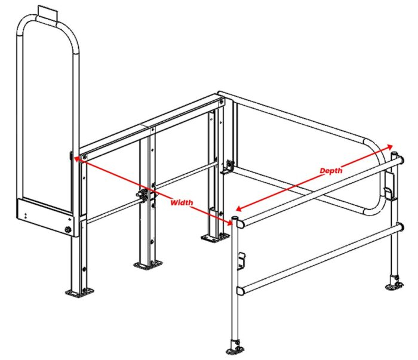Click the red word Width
click(182, 203)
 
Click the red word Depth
click(330, 171)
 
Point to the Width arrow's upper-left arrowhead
click(75, 158)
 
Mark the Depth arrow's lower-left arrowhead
click(237, 210)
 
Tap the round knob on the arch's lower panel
click(68, 229)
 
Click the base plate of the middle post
click(147, 263)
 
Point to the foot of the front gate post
click(234, 347)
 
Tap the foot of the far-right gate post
click(394, 284)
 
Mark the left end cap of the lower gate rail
click(241, 291)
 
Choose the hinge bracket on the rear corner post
click(228, 166)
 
